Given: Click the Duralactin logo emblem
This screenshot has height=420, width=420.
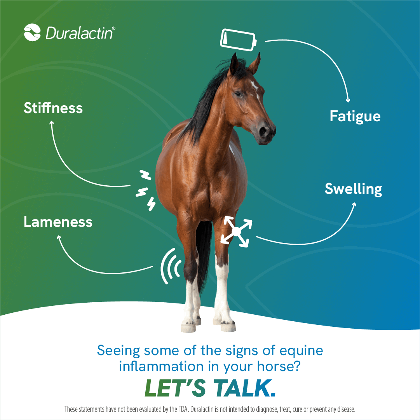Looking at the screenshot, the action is click(x=32, y=32).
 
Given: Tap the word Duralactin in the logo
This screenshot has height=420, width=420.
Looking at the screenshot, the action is click(x=80, y=33).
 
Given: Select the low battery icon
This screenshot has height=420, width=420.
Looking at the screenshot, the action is click(x=238, y=40).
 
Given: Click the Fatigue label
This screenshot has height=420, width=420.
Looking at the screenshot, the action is click(x=355, y=117).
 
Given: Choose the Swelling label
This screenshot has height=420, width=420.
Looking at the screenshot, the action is click(x=353, y=189).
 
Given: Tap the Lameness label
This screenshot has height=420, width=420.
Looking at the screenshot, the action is click(x=58, y=222).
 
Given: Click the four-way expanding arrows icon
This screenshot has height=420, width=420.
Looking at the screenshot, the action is click(x=236, y=232).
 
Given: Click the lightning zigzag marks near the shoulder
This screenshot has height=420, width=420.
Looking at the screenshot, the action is click(x=146, y=190).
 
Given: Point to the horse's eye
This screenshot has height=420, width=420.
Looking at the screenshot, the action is click(x=238, y=94).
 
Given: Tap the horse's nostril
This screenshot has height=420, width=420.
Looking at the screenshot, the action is click(x=263, y=131).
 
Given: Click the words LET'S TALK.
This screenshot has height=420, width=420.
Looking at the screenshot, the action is click(x=210, y=388).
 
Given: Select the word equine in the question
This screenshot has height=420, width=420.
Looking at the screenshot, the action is click(x=301, y=351).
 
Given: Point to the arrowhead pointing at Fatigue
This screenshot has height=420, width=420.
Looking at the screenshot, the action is click(x=348, y=101).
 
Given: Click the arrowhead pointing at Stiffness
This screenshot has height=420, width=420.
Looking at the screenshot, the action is click(x=51, y=123).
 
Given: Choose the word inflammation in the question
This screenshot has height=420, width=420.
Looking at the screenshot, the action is click(x=161, y=366).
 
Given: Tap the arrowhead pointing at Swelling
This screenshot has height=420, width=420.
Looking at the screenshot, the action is click(x=354, y=205).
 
